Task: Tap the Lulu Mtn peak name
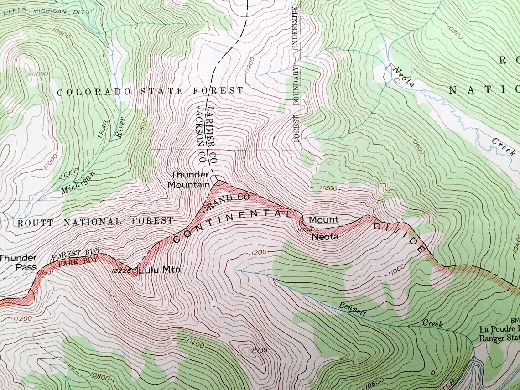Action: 159,270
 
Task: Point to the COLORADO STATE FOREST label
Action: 150,91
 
